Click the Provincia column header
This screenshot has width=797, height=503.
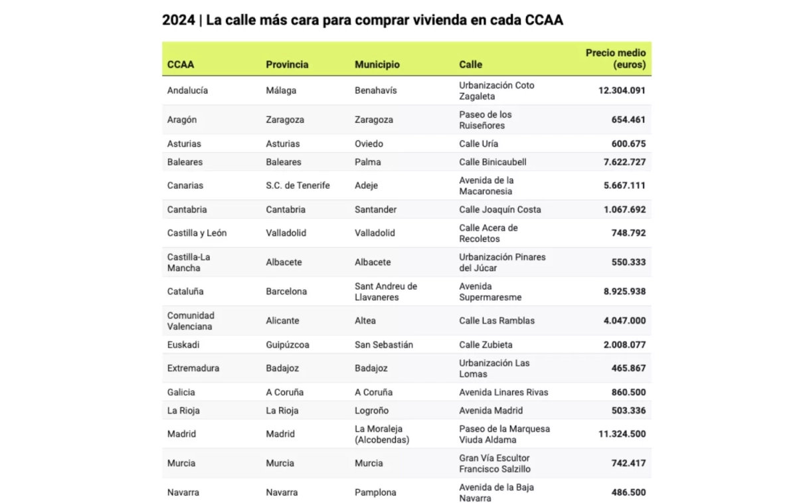tap(287, 64)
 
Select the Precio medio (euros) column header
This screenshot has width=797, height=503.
tap(615, 58)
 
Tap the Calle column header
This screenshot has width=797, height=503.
tap(470, 64)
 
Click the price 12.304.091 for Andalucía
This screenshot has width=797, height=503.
tap(622, 90)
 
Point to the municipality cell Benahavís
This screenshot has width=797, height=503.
tap(375, 90)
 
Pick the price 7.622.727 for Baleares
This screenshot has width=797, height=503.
tap(624, 161)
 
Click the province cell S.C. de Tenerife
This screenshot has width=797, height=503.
tap(298, 185)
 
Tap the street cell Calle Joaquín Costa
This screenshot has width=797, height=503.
tap(499, 209)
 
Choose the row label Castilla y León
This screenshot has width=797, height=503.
tap(197, 233)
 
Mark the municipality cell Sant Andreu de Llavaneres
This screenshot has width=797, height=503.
tap(385, 292)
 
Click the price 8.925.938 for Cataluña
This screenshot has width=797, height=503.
tap(624, 292)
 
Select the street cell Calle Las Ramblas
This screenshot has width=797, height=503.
tap(497, 320)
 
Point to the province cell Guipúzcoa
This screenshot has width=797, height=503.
tap(287, 345)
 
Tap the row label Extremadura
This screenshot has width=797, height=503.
tap(193, 368)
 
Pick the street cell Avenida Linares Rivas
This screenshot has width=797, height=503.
tap(503, 392)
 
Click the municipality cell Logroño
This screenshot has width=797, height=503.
tap(371, 411)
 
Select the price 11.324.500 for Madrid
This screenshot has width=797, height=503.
tap(622, 434)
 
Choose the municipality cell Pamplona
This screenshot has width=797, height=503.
tap(375, 492)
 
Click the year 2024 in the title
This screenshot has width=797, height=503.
tap(178, 20)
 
